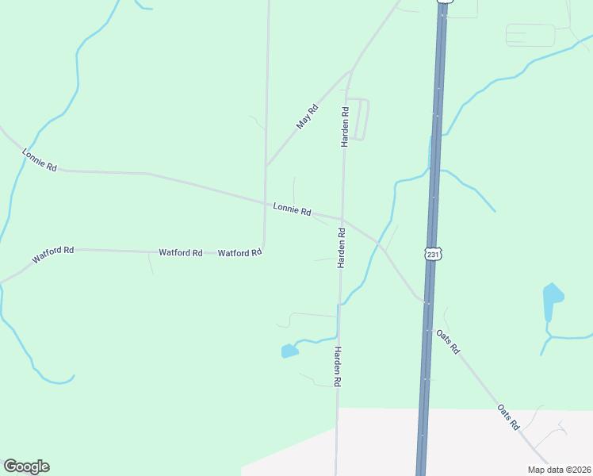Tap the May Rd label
tap(307, 117)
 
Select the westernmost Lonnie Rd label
tap(40, 161)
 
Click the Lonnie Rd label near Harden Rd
tap(292, 209)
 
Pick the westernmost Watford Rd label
tap(53, 255)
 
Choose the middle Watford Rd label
tap(181, 252)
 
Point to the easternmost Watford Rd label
tap(239, 253)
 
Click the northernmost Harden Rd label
tap(345, 126)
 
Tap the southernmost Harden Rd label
tap(337, 367)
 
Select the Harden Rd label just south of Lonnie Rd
tap(342, 248)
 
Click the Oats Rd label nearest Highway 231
tap(448, 342)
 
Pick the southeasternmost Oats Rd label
tap(507, 416)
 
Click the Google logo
tap(26, 466)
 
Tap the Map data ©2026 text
tap(558, 469)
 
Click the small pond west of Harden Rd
tap(289, 350)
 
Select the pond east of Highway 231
tap(553, 298)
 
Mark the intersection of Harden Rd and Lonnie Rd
tap(342, 220)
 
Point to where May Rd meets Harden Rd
tap(350, 72)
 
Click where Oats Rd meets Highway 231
tap(427, 302)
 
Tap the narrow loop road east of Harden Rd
tap(358, 119)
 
